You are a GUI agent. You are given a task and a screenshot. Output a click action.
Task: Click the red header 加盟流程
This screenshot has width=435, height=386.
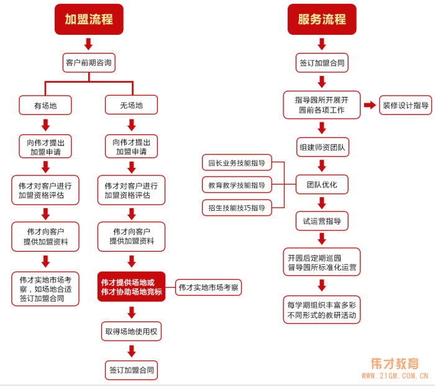[89, 19]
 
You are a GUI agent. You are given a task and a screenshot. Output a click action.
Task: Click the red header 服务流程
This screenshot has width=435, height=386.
[321, 19]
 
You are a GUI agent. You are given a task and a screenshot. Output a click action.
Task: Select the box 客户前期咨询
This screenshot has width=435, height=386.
[89, 63]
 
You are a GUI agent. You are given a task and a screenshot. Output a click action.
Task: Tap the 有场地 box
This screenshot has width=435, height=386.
[45, 105]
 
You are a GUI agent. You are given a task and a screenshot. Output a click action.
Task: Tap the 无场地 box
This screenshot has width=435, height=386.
[131, 105]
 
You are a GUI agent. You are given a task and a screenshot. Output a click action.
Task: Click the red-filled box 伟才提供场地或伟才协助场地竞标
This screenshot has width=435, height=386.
[131, 287]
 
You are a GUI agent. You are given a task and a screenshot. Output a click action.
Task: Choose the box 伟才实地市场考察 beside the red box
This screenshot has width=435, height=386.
[208, 287]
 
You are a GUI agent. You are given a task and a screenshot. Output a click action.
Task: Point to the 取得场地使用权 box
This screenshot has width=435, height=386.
[131, 331]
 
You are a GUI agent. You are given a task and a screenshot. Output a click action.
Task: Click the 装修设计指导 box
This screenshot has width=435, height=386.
[406, 105]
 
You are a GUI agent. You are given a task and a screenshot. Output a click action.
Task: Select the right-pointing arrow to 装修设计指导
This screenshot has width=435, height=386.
[370, 105]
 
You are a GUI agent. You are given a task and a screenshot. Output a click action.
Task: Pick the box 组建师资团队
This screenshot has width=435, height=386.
[322, 147]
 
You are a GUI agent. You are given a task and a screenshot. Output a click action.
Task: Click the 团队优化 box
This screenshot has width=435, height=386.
[322, 185]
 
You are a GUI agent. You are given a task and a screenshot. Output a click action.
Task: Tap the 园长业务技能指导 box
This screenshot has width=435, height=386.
[237, 163]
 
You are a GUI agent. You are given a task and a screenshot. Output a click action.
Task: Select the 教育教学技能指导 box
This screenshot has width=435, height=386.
[237, 185]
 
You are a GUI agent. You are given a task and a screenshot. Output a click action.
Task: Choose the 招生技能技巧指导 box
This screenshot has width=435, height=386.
[237, 207]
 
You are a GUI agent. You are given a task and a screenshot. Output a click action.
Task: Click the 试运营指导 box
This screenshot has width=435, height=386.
[322, 221]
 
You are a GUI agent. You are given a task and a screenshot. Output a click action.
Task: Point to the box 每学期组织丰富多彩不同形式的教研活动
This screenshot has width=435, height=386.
[322, 310]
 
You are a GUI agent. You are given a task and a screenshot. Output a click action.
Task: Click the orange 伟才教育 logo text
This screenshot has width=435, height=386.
[395, 364]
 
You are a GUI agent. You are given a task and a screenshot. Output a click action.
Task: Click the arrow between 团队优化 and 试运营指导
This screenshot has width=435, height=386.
[322, 203]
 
